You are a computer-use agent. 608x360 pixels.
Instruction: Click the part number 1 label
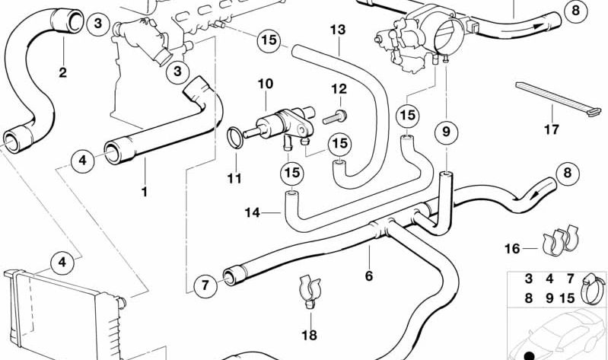[x=144, y=192]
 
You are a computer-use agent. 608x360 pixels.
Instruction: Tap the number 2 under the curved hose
[x=62, y=73]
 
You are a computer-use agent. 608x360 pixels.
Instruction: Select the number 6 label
[x=369, y=276]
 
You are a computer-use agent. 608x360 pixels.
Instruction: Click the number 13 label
[x=338, y=30]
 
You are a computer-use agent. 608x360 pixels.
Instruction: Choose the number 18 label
[x=308, y=334]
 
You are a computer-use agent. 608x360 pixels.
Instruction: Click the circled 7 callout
[x=203, y=286]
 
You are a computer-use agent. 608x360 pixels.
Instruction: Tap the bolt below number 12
[x=335, y=117]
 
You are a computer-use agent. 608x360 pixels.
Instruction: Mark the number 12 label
[x=339, y=90]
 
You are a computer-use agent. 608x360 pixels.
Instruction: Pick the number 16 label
[x=512, y=247]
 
